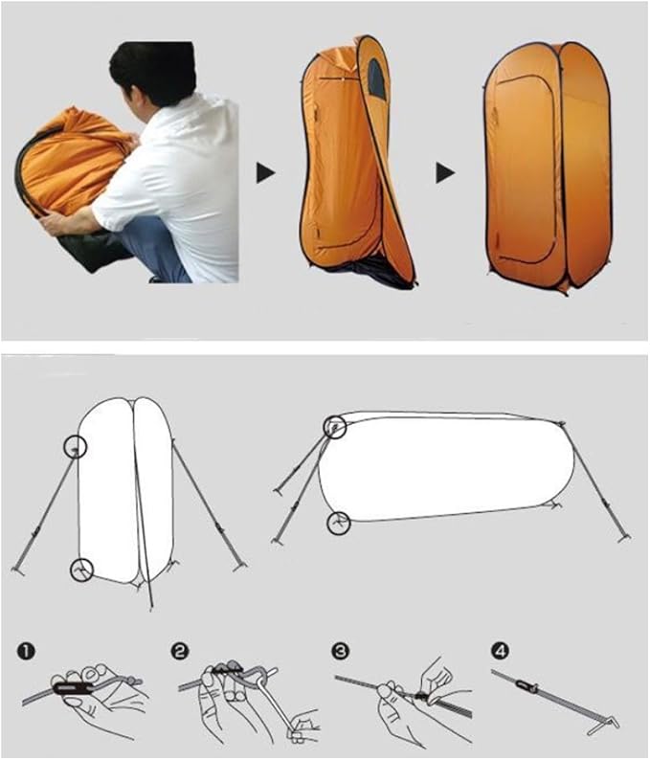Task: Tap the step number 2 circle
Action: coord(180,652)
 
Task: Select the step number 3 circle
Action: coord(341,652)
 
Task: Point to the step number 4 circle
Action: coord(500,652)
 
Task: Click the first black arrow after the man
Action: coord(265,172)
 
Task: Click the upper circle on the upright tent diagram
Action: coord(76,446)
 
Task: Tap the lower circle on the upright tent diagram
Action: coord(82,570)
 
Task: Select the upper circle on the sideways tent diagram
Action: coord(334,427)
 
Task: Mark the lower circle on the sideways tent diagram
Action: coord(337,523)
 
